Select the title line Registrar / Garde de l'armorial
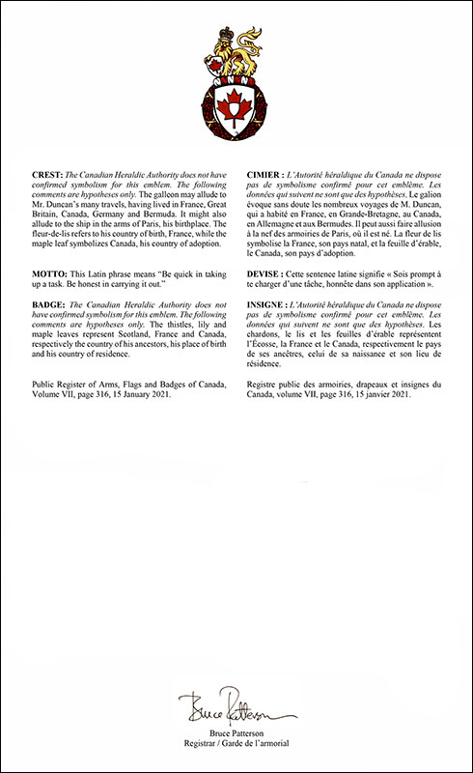tap(236, 740)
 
